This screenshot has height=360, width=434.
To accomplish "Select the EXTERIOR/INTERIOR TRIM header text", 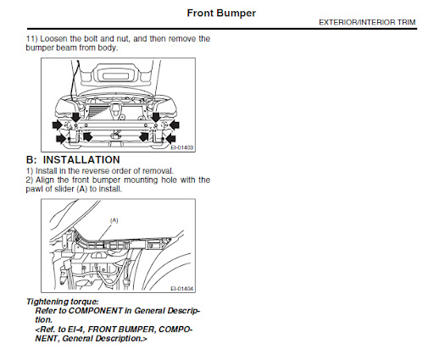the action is tap(367, 22).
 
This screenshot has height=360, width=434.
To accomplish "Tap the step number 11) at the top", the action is tap(31, 39).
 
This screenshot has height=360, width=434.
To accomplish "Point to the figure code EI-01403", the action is tap(182, 147).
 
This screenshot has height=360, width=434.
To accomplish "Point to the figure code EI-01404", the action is tap(182, 289).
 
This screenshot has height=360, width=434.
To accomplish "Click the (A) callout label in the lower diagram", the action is tap(114, 220).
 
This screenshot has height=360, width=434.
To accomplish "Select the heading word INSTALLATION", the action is tap(81, 160).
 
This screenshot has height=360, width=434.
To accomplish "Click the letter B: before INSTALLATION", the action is tap(31, 160).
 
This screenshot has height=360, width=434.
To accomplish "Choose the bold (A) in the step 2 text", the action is tap(82, 189).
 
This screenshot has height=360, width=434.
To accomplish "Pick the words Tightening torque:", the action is tap(63, 302).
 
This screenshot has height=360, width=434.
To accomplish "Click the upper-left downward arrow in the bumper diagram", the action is tap(75, 117).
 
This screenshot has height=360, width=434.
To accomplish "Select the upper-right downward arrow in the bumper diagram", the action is tap(156, 117).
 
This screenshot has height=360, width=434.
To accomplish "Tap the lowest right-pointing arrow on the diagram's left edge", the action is tap(61, 139).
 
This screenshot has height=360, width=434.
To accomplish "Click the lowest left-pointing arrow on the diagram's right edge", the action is tap(170, 139).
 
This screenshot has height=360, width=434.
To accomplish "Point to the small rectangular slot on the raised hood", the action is tap(117, 76).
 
